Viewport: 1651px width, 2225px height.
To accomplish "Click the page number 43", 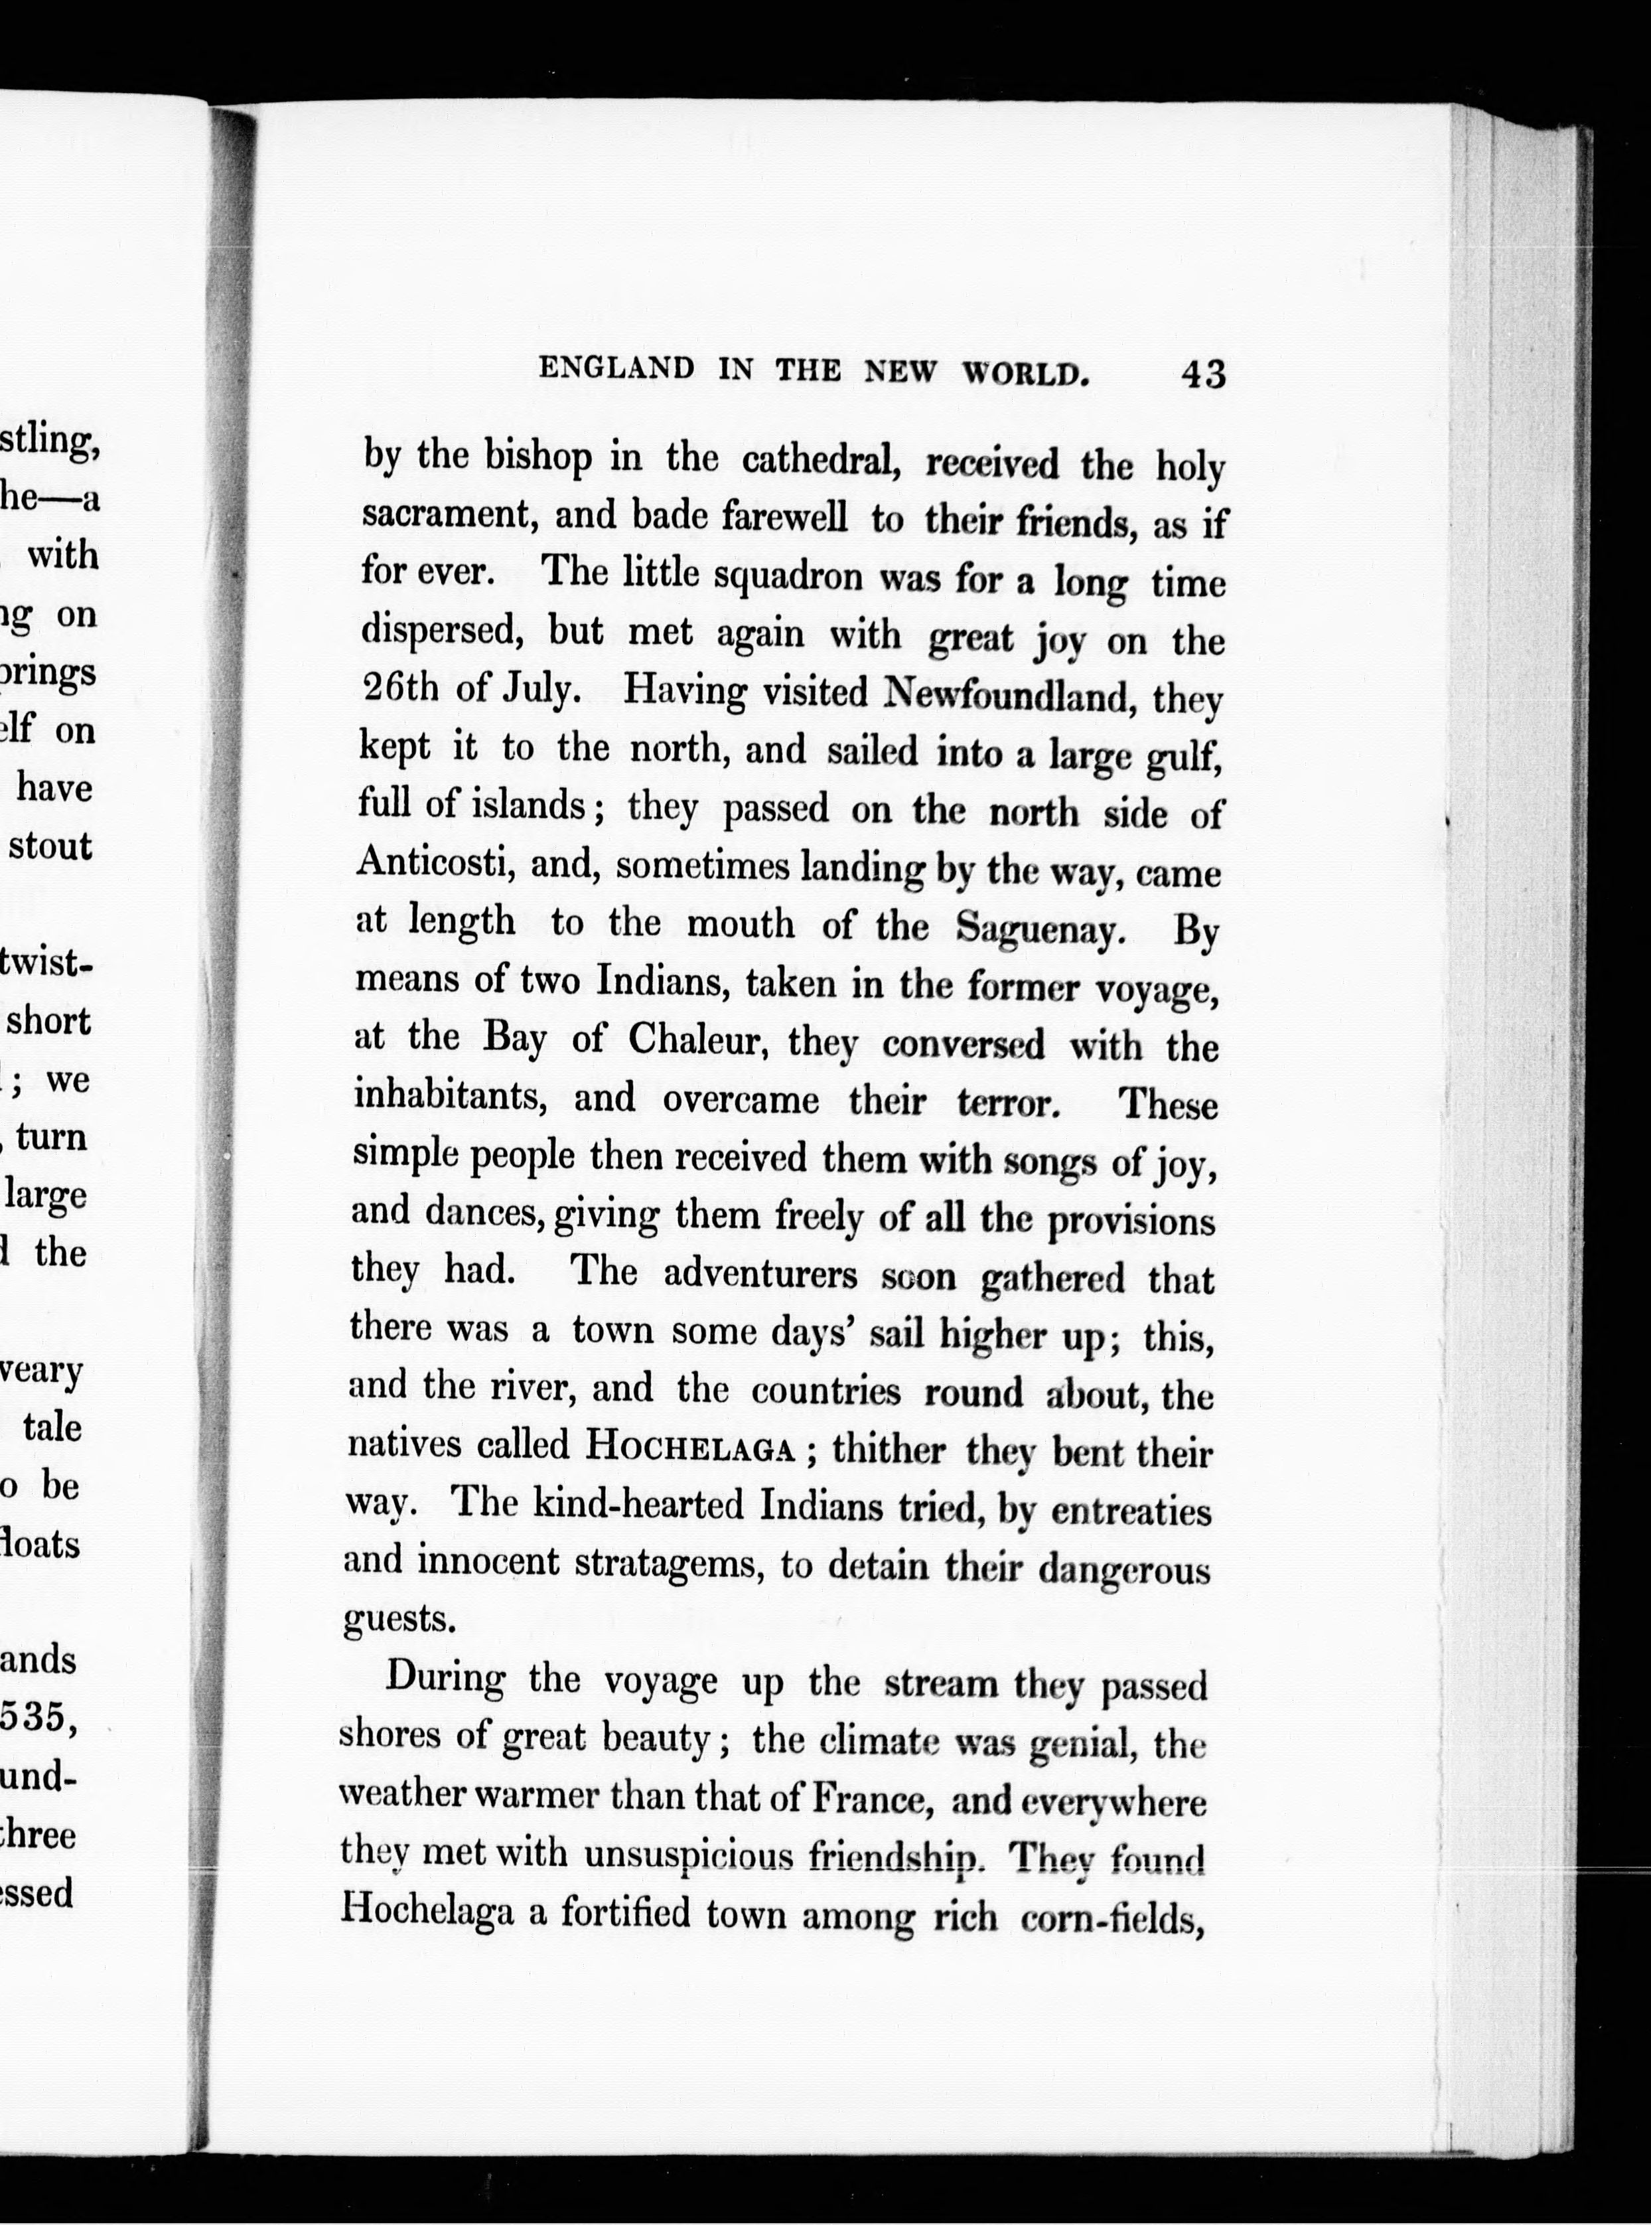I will (1202, 373).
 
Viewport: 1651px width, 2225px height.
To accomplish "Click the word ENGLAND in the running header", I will (616, 369).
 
